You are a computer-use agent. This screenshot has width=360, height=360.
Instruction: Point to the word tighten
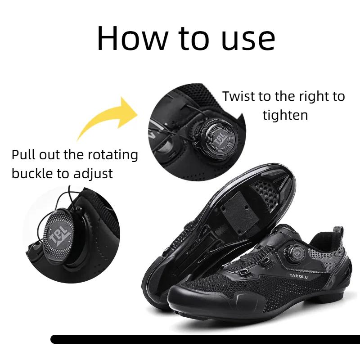coord(285,115)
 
